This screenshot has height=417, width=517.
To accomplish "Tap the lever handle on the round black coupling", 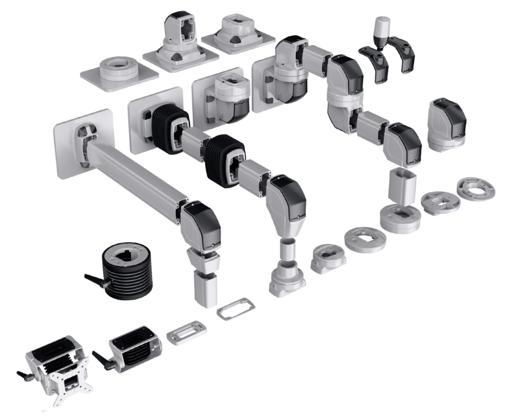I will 95,278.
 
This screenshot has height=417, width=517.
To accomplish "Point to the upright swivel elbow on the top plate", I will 181,33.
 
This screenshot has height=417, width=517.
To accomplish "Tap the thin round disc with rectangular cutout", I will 365,239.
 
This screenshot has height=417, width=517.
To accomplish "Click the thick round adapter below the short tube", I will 400,216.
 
